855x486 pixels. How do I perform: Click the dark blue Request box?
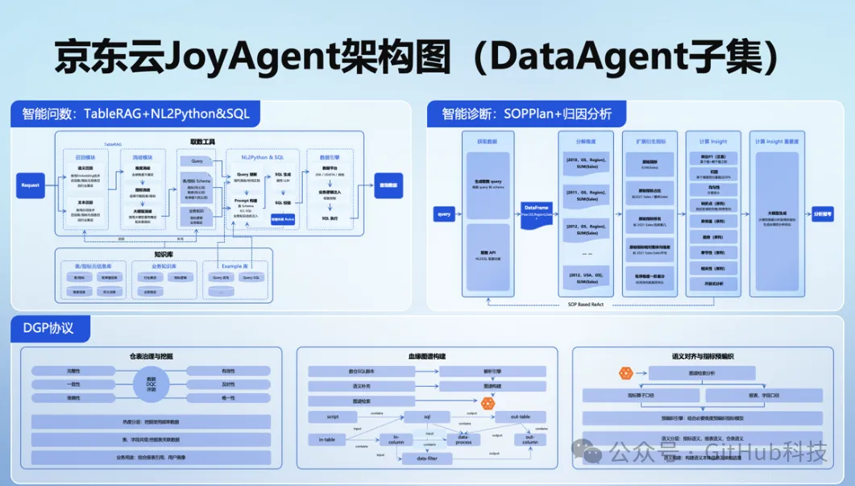tap(31, 185)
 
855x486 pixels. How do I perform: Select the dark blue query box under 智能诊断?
tap(444, 214)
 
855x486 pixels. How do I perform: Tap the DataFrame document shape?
tap(537, 212)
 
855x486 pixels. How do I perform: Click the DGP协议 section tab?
tap(49, 328)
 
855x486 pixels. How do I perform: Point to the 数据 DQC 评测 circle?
tap(151, 384)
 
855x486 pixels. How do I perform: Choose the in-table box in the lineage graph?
tap(327, 439)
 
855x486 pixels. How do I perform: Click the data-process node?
tap(463, 440)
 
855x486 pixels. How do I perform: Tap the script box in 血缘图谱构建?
tap(332, 417)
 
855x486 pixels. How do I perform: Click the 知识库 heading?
tap(164, 252)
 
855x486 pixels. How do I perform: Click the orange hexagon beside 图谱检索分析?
tap(625, 373)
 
